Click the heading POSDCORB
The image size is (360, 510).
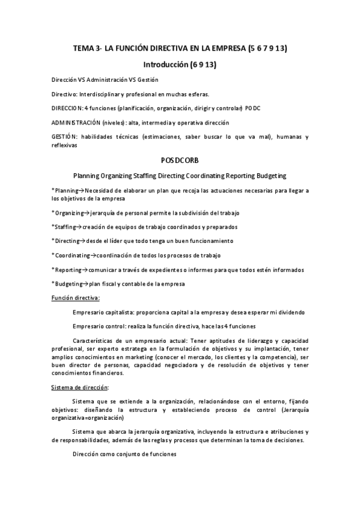(x=180, y=161)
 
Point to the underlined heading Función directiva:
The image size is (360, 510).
(x=76, y=298)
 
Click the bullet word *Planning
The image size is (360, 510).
(x=63, y=190)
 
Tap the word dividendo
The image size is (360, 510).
(x=290, y=312)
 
